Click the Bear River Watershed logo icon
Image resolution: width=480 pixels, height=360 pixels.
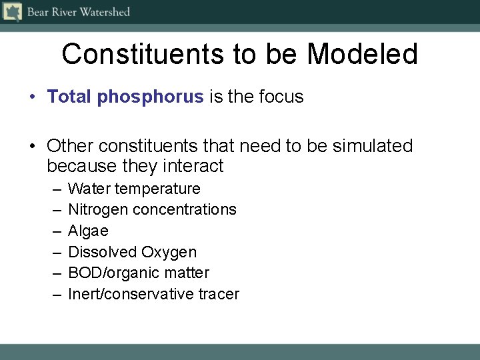[x=12, y=12]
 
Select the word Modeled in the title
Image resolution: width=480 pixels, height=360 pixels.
[x=362, y=54]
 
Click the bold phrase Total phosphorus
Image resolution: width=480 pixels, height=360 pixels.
[x=125, y=97]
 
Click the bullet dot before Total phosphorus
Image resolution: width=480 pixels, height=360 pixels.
[x=33, y=97]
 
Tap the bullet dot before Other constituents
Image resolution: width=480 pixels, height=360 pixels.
[x=33, y=146]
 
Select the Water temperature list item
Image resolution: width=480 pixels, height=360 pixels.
[x=134, y=189]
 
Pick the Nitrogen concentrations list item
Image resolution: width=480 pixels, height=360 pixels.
[x=152, y=209]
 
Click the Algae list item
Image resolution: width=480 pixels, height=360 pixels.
[x=88, y=231]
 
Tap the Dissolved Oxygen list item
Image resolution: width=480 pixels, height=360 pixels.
[x=132, y=252]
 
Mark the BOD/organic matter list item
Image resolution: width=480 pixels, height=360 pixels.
[x=139, y=273]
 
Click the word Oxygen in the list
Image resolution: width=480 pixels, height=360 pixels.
[x=169, y=252]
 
